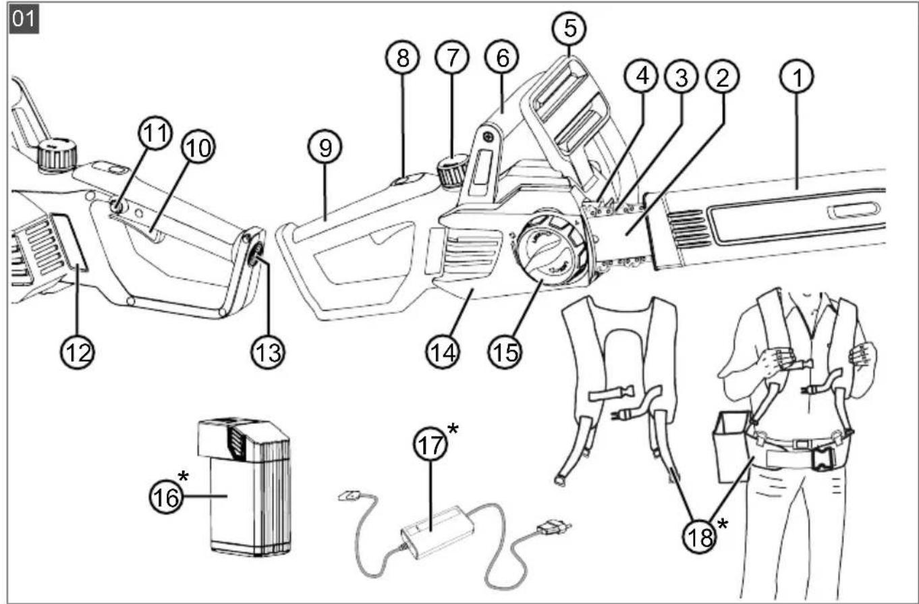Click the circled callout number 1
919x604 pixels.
pos(797,76)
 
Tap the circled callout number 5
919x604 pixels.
pos(569,28)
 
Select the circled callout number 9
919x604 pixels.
pos(325,147)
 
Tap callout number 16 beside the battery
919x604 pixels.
pos(166,498)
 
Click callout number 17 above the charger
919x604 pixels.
pos(430,444)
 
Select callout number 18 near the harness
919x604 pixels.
pos(700,537)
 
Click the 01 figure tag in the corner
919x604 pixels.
pos(24,18)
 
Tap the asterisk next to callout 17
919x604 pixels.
pos(453,429)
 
